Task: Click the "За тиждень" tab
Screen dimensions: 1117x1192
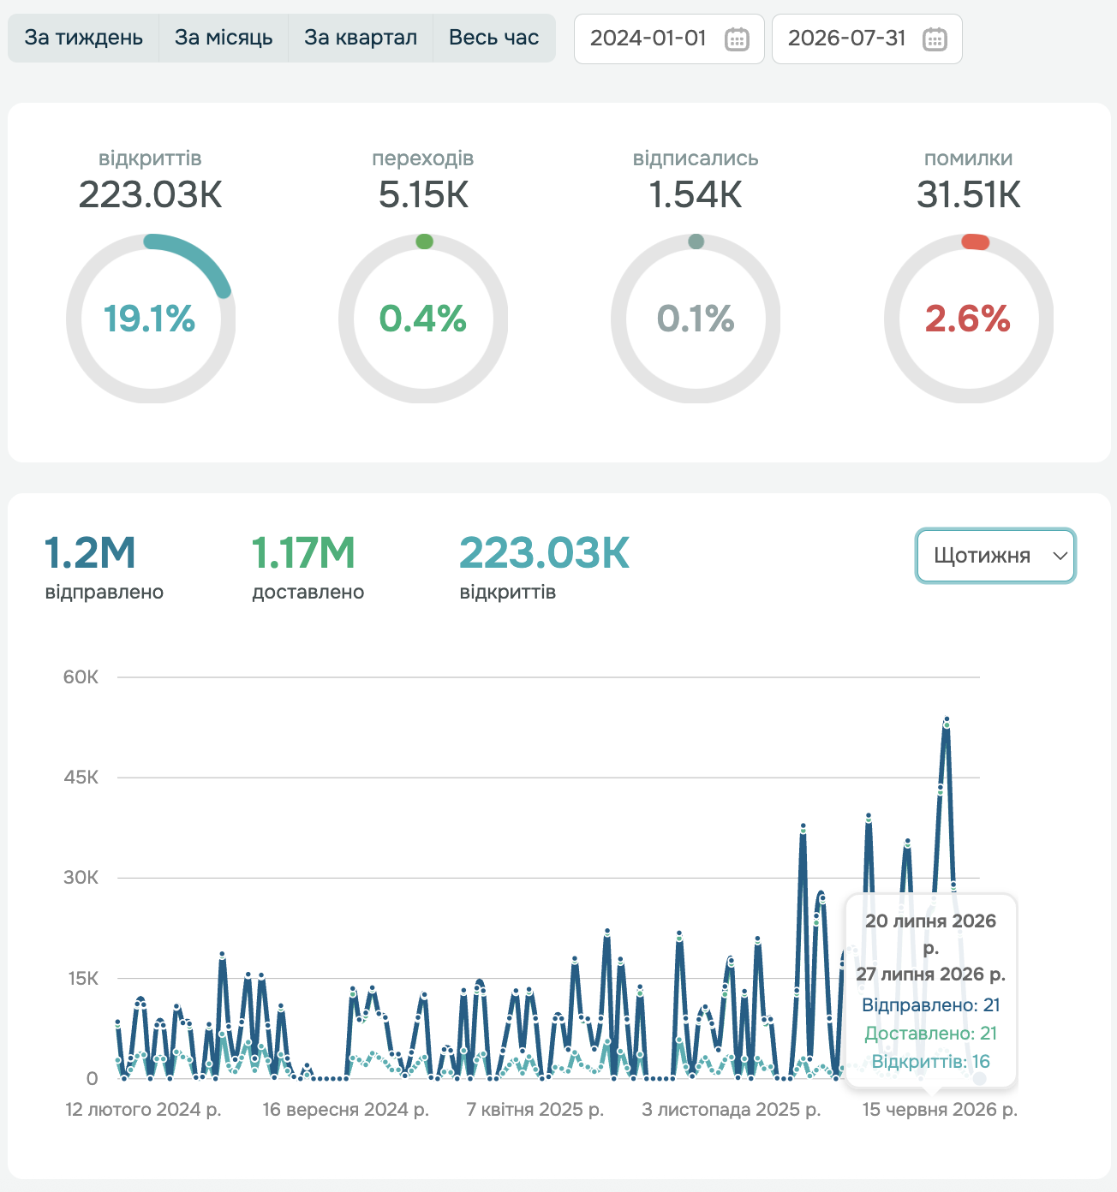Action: click(x=83, y=38)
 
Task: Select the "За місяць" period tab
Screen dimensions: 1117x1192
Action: click(x=224, y=38)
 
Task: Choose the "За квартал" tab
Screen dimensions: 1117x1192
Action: click(x=361, y=38)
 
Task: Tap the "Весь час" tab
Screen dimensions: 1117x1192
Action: click(x=493, y=38)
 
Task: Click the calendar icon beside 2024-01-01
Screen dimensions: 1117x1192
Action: click(x=737, y=39)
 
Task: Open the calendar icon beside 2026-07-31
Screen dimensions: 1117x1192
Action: click(x=935, y=39)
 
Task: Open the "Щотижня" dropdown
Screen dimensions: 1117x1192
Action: click(x=995, y=555)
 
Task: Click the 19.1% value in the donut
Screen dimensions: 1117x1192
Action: click(x=150, y=318)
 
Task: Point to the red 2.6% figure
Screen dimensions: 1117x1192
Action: click(x=967, y=318)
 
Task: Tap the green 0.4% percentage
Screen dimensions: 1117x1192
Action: click(x=423, y=318)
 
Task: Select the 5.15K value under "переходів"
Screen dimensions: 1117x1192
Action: click(x=423, y=194)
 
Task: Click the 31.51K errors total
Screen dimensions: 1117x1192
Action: click(x=968, y=194)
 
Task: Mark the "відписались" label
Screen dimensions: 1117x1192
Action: click(x=696, y=158)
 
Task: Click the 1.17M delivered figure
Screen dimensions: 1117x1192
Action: click(x=303, y=552)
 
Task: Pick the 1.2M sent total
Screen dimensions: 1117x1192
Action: click(x=90, y=552)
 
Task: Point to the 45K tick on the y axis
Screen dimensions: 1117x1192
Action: click(x=81, y=778)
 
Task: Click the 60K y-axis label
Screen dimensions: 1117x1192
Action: click(x=81, y=677)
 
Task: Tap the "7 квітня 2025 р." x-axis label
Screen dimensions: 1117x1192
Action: click(x=535, y=1109)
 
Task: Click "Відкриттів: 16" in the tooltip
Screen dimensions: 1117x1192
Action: click(x=930, y=1061)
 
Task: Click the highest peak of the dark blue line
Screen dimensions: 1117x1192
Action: click(x=947, y=718)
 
